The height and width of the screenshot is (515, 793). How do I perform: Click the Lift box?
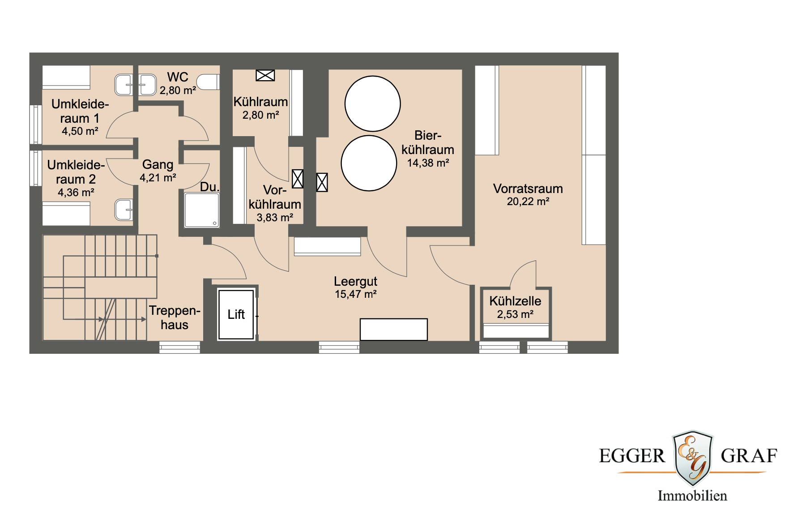[x=236, y=314]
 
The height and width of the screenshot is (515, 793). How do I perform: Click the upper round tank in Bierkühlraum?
[x=372, y=103]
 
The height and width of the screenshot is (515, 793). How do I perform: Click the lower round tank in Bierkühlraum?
[x=369, y=163]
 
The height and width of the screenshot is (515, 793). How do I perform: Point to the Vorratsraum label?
[x=528, y=189]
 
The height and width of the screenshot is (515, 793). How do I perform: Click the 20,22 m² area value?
[x=528, y=202]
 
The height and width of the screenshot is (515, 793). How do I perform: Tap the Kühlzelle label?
[x=515, y=301]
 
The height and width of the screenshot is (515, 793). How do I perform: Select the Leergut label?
[x=355, y=281]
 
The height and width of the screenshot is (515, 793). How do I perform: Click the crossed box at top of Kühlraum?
[x=265, y=76]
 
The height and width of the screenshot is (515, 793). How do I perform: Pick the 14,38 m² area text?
[x=428, y=163]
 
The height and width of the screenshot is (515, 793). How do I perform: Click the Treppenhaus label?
[x=175, y=318]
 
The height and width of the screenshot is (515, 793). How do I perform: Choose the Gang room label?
[x=158, y=164]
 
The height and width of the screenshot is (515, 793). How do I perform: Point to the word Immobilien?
[x=692, y=496]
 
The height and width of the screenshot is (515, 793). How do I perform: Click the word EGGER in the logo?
[x=632, y=456]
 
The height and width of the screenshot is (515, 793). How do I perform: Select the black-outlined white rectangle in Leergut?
[x=393, y=330]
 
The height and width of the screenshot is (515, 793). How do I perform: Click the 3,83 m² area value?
[x=274, y=218]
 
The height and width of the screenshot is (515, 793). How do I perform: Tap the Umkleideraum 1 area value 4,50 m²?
[x=80, y=131]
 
